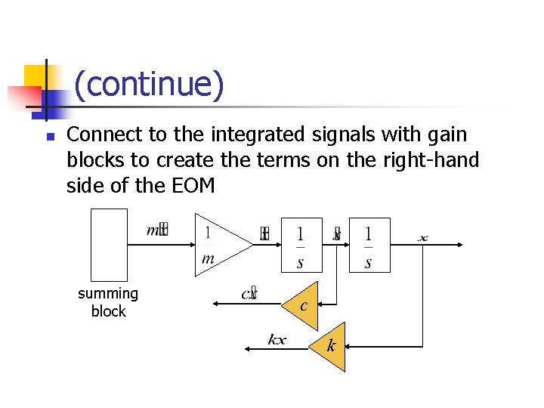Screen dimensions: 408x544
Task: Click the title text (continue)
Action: pyautogui.click(x=149, y=85)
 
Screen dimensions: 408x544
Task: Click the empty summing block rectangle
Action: pyautogui.click(x=109, y=245)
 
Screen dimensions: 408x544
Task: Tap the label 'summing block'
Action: pyautogui.click(x=108, y=302)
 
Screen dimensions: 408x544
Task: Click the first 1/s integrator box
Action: pyautogui.click(x=301, y=245)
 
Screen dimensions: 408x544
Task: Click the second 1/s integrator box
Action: pyautogui.click(x=369, y=245)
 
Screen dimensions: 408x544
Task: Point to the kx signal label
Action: pyautogui.click(x=277, y=339)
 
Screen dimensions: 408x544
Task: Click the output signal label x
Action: pyautogui.click(x=422, y=238)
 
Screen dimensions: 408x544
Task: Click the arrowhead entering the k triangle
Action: pyautogui.click(x=349, y=347)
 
